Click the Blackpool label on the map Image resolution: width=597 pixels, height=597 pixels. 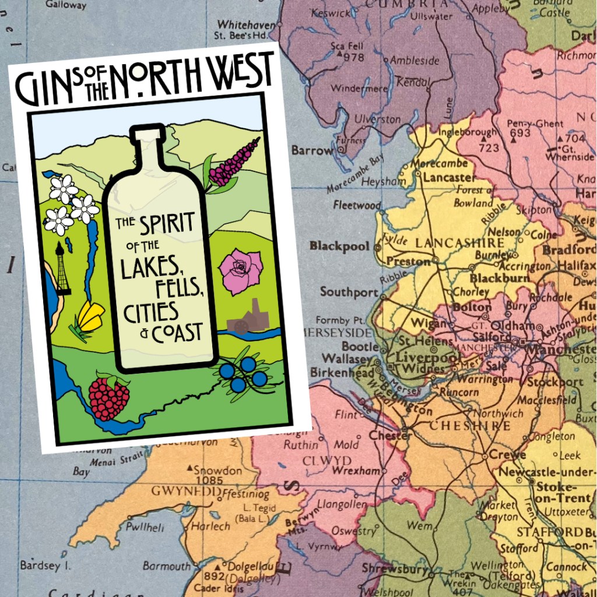(x=339, y=246)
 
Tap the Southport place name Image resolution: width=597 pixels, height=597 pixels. (x=349, y=292)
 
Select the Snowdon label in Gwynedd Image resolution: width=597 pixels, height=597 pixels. (x=217, y=470)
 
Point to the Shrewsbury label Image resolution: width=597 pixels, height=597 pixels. (x=395, y=568)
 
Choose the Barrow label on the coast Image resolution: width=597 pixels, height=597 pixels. (x=312, y=150)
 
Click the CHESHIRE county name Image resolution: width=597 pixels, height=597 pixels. (x=470, y=426)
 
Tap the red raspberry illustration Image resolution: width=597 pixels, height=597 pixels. (x=109, y=398)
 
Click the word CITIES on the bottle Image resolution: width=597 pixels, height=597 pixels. (x=150, y=312)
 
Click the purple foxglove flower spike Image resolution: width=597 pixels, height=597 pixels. (x=234, y=163)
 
